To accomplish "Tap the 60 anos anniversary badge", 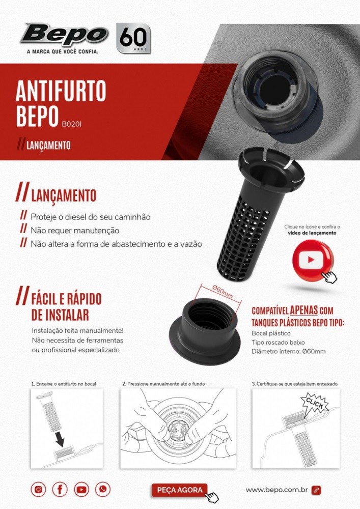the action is point(133,38).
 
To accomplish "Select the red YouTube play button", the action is point(312,260).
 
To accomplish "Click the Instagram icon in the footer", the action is point(38,489).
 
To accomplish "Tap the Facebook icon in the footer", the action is point(60,489).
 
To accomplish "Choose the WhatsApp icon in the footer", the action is point(102,489).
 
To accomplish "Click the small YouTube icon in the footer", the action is point(81,489).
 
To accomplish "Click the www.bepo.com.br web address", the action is point(276,490).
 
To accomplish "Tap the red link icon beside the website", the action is point(316,490).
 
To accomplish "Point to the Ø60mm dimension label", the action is point(222,291).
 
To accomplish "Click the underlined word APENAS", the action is point(304,310).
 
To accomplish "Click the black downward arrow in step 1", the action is point(60,439).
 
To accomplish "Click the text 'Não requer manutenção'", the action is point(75,231).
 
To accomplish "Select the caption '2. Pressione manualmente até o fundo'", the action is point(163,384).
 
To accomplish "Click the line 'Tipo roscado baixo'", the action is point(278,343).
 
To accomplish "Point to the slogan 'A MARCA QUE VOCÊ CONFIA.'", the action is point(63,51).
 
